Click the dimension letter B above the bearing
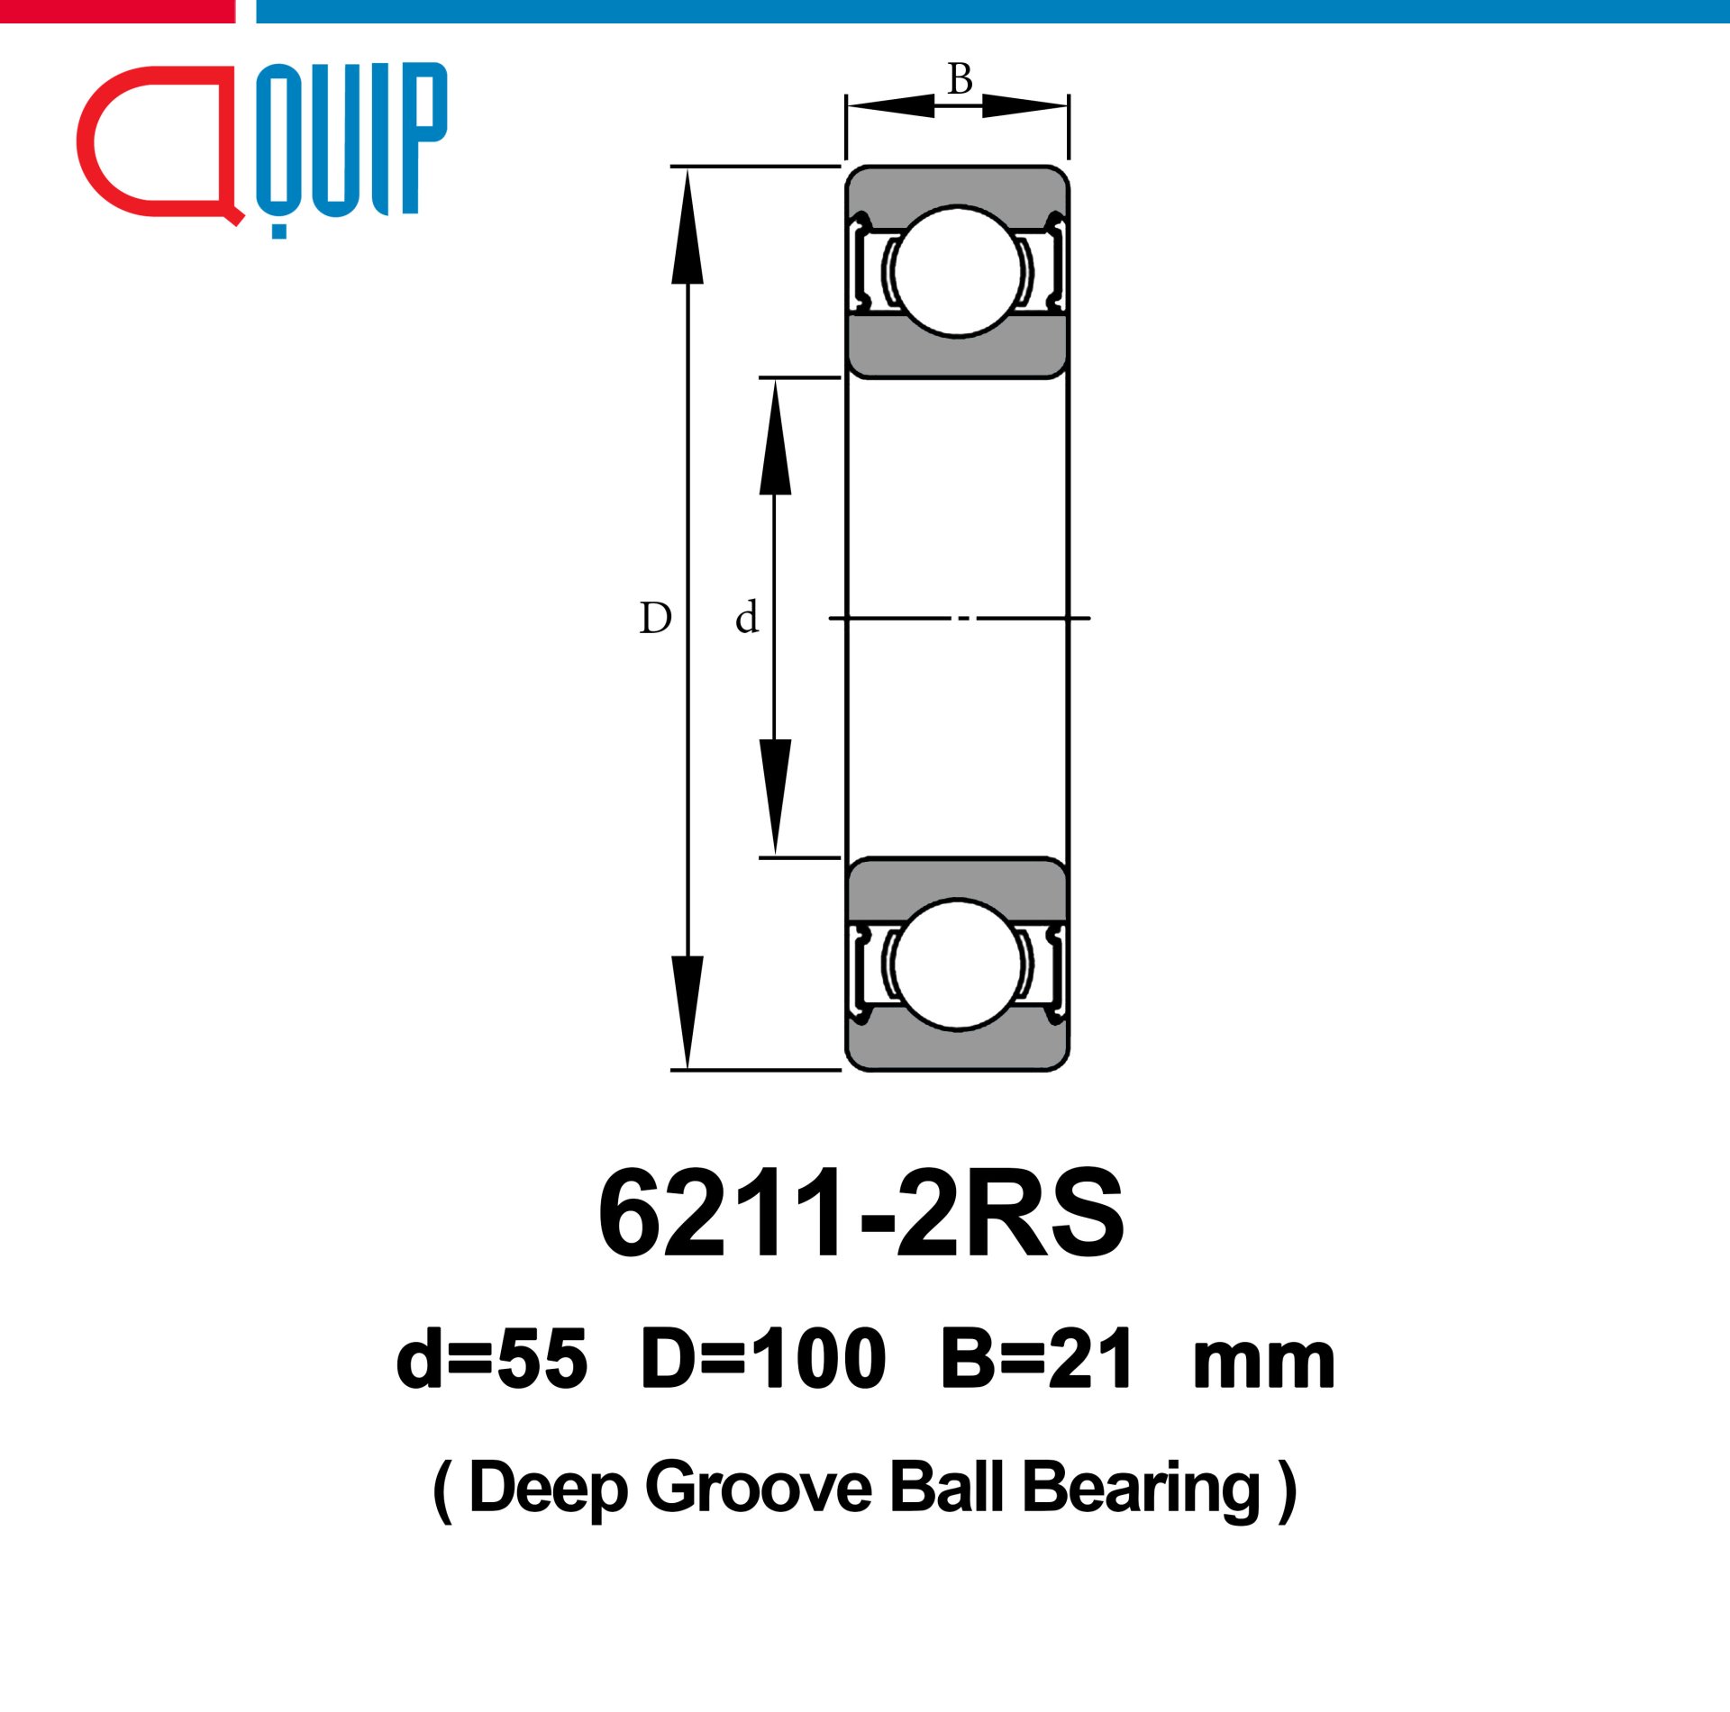[960, 79]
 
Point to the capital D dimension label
[655, 619]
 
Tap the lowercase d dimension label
[747, 618]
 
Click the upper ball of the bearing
[958, 272]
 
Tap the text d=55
[491, 1360]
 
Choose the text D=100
[763, 1360]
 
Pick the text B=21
[1036, 1360]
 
